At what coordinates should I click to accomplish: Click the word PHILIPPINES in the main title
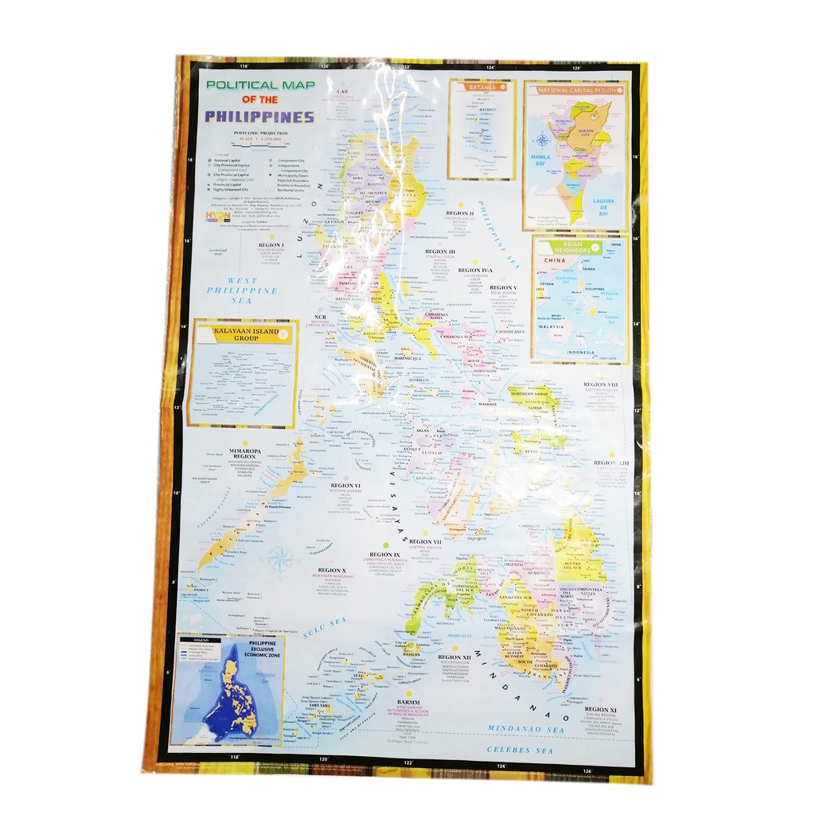259,116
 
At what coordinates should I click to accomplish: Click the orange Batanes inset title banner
481,87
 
